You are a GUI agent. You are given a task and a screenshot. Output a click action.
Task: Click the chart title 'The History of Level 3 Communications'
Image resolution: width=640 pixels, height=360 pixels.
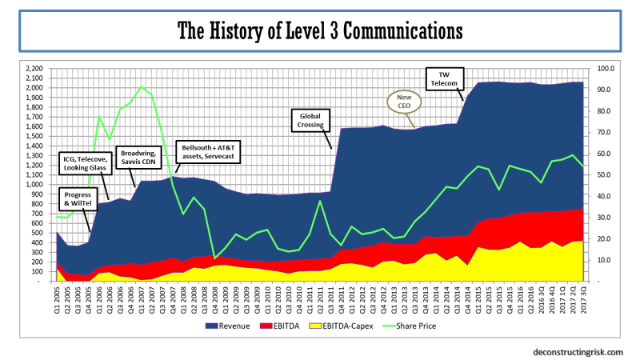(x=319, y=31)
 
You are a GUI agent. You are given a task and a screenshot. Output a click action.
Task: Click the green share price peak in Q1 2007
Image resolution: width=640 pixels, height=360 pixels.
(x=141, y=86)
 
